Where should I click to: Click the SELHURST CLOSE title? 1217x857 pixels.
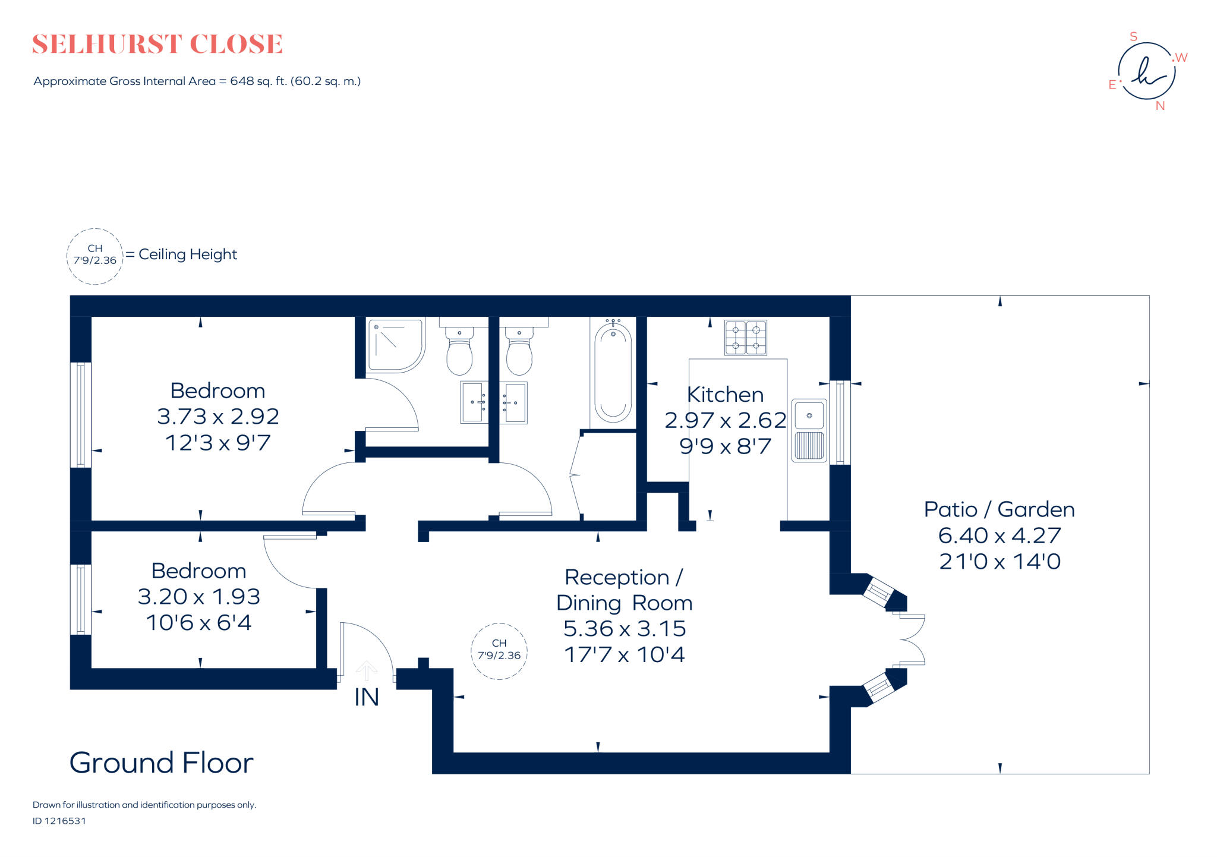click(157, 45)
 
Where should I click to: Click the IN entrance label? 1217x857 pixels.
click(366, 697)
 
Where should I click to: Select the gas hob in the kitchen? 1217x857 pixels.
click(745, 338)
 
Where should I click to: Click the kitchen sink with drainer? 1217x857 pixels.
click(809, 430)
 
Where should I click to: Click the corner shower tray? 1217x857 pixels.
click(395, 345)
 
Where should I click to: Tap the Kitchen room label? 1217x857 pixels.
click(725, 395)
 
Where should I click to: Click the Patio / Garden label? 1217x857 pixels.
click(999, 509)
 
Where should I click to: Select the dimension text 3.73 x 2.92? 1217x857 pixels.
click(217, 417)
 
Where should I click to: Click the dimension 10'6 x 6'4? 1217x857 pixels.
click(198, 623)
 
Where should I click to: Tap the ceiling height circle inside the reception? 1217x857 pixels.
click(499, 651)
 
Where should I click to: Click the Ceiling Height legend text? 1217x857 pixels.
click(188, 254)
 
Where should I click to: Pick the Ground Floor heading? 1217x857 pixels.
click(161, 763)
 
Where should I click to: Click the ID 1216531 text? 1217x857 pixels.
click(59, 821)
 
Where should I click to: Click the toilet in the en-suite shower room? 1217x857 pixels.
click(459, 351)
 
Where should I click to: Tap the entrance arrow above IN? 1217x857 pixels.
click(366, 670)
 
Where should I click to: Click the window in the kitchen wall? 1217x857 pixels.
click(839, 422)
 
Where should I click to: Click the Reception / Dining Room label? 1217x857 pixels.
click(624, 590)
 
